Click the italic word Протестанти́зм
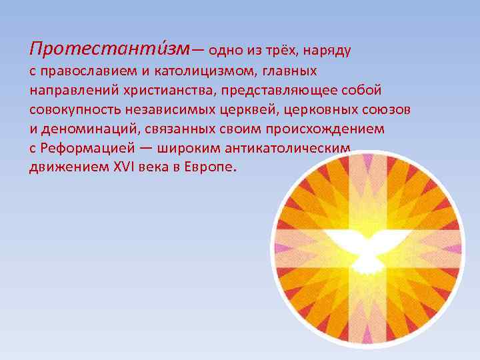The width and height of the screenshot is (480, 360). click(109, 48)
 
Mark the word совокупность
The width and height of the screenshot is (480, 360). click(72, 109)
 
